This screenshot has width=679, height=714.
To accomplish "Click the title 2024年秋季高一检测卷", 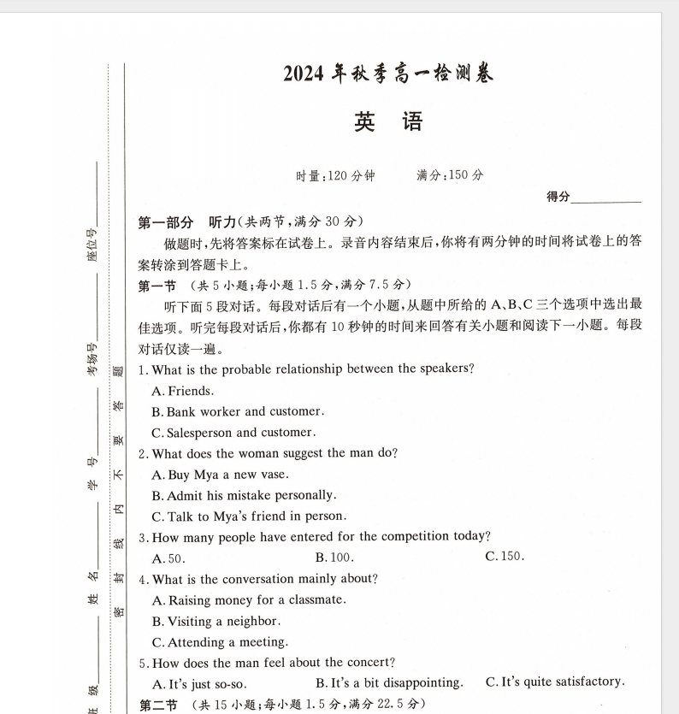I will click(x=388, y=74).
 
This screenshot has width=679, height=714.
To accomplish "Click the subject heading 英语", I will click(x=388, y=122).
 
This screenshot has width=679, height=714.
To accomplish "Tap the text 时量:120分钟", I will click(x=334, y=175).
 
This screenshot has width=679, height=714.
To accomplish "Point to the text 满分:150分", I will click(x=450, y=175).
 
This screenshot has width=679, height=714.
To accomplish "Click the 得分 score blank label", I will click(x=558, y=198).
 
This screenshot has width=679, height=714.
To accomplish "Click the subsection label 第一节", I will click(x=157, y=285).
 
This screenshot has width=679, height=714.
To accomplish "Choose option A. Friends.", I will click(x=182, y=391).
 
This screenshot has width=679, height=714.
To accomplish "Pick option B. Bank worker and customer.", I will click(x=238, y=411).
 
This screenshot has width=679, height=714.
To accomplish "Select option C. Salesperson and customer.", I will click(x=233, y=433).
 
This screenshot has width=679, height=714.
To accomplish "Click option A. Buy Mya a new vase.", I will click(x=220, y=475).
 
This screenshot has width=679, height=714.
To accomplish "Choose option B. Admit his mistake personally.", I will click(x=244, y=495).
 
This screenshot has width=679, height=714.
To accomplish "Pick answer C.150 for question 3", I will click(x=505, y=557).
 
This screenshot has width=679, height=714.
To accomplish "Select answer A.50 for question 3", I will click(x=168, y=558).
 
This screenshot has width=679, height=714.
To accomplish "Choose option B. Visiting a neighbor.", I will click(x=216, y=622).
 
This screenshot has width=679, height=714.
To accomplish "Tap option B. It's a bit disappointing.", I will click(x=389, y=682).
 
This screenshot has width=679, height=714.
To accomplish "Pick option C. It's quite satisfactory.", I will click(x=555, y=682).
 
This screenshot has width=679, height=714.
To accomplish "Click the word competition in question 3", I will click(x=394, y=537).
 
